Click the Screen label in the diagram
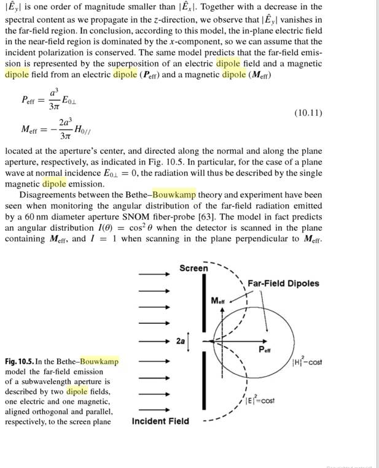(x=193, y=269)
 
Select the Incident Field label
(x=160, y=421)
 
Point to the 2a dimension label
(x=180, y=340)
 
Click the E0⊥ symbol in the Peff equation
(x=82, y=102)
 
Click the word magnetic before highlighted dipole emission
(x=22, y=183)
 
